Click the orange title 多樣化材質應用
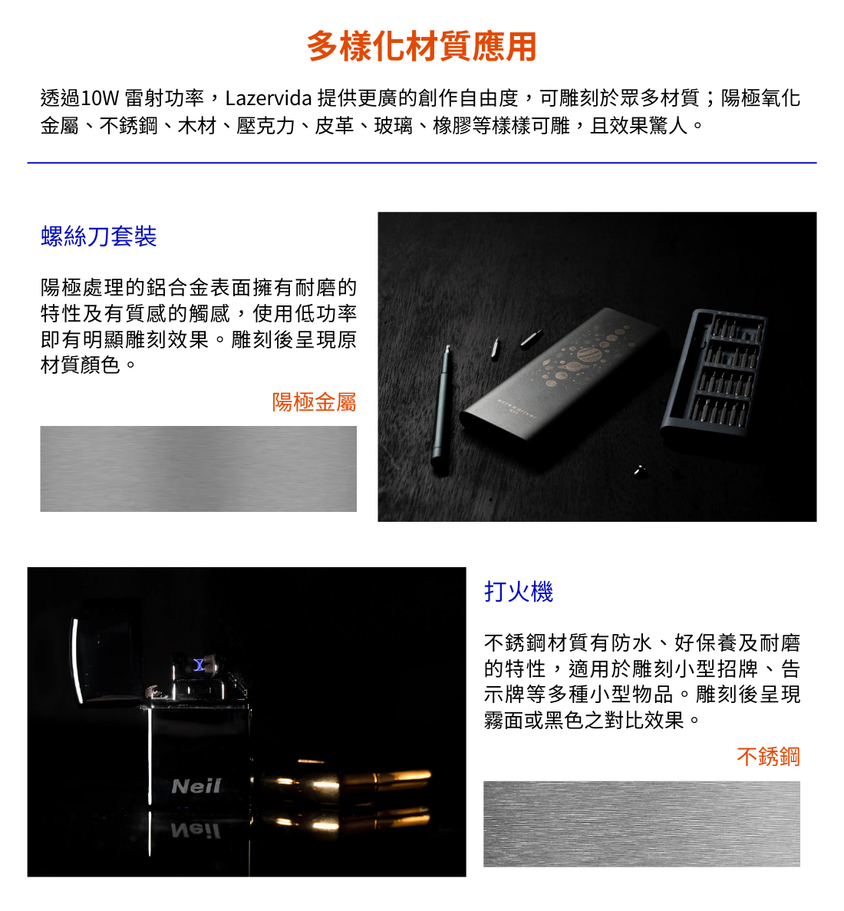click(x=422, y=47)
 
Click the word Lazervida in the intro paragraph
click(x=269, y=98)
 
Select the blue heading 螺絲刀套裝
click(x=99, y=236)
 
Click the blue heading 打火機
click(x=518, y=592)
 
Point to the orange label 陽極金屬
click(x=315, y=401)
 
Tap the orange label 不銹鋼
click(x=768, y=757)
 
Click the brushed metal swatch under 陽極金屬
click(x=198, y=469)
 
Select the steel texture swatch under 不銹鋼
click(x=641, y=824)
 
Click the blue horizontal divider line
click(x=422, y=163)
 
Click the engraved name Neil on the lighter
click(x=196, y=786)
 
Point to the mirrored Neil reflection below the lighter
click(x=196, y=831)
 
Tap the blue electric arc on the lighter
click(x=199, y=664)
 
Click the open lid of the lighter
click(x=107, y=654)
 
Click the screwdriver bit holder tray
click(x=714, y=373)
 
